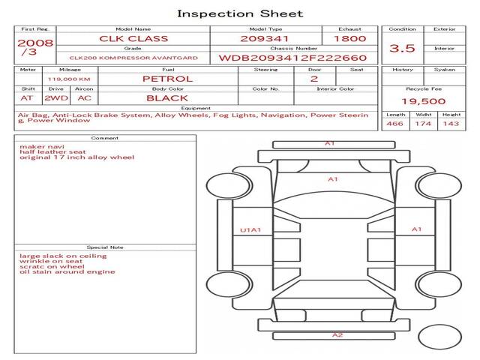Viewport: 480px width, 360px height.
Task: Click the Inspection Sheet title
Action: pyautogui.click(x=240, y=13)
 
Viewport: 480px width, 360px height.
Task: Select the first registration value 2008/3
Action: pyautogui.click(x=35, y=47)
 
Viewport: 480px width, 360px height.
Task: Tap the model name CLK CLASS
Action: pyautogui.click(x=133, y=39)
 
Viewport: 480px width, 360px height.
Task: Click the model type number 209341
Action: pyautogui.click(x=265, y=39)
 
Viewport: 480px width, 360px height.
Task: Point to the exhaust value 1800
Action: pyautogui.click(x=349, y=39)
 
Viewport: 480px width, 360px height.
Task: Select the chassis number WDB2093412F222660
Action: pyautogui.click(x=292, y=58)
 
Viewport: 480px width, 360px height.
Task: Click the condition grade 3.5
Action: pyautogui.click(x=402, y=48)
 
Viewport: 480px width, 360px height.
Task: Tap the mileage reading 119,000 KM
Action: pyautogui.click(x=69, y=79)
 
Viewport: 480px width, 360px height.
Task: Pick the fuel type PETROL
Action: pyautogui.click(x=168, y=79)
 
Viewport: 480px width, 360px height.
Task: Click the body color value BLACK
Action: pyautogui.click(x=167, y=98)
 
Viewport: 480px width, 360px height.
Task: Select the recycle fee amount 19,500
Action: pyautogui.click(x=423, y=101)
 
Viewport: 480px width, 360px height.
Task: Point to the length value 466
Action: pyautogui.click(x=394, y=124)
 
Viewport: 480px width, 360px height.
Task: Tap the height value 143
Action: pyautogui.click(x=451, y=124)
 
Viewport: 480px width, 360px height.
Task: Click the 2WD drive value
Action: pyautogui.click(x=56, y=98)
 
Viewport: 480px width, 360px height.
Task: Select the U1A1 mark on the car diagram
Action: pyautogui.click(x=250, y=230)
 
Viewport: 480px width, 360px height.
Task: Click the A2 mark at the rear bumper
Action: pyautogui.click(x=337, y=335)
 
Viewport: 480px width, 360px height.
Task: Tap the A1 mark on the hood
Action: pyautogui.click(x=333, y=179)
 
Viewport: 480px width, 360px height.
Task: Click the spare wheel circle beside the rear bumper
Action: pyautogui.click(x=439, y=337)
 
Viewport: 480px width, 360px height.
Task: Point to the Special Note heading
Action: pyautogui.click(x=105, y=247)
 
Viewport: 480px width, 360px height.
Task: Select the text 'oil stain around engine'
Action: pyautogui.click(x=67, y=271)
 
